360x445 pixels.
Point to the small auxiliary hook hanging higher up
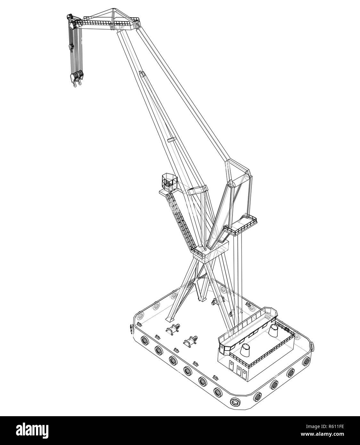[71, 47]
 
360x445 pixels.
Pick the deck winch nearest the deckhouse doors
[190, 341]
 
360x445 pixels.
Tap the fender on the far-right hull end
[312, 346]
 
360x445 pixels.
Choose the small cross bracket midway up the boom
[171, 140]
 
